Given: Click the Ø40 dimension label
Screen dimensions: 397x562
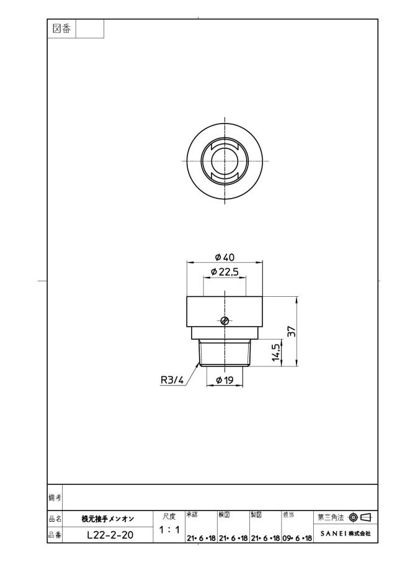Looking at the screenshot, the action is pos(225,257).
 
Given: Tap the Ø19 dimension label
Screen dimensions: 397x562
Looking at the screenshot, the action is pos(225,380).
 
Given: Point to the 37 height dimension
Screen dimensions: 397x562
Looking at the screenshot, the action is pos(292,331).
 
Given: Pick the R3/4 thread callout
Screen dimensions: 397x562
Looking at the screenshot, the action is pos(172,380).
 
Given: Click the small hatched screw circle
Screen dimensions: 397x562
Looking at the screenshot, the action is pos(225,320).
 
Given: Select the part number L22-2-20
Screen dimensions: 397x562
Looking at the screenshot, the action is pos(110,535).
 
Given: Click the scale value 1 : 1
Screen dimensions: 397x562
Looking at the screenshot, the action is pos(169,529).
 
